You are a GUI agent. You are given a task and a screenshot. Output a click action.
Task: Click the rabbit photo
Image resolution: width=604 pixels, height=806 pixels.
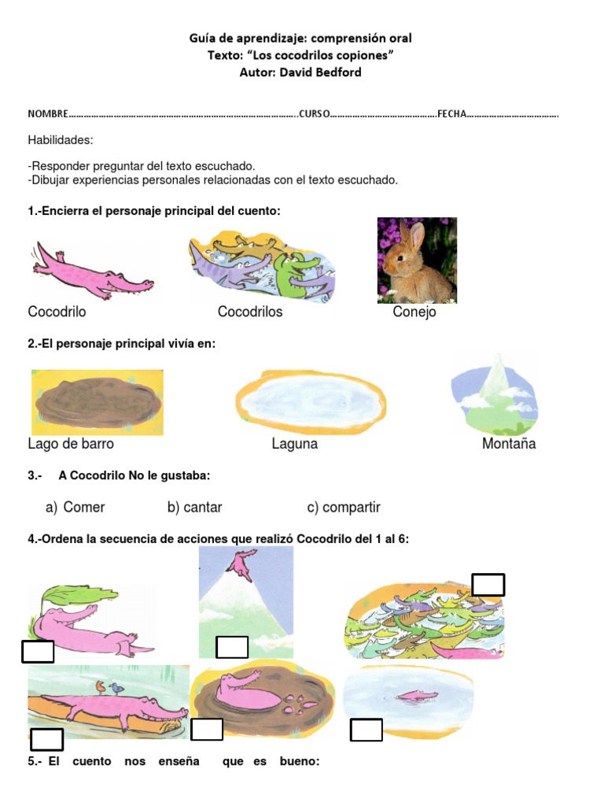[417, 261]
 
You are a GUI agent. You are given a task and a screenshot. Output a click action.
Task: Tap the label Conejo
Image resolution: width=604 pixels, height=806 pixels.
[414, 312]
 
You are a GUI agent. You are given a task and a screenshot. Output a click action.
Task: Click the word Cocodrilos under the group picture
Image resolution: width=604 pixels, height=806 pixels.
[250, 312]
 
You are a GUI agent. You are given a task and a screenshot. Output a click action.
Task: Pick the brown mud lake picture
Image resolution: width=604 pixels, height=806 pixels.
[98, 402]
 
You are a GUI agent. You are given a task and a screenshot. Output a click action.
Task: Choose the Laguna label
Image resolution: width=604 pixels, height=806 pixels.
[295, 444]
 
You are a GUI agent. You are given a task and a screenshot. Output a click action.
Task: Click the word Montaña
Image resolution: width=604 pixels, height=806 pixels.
[509, 444]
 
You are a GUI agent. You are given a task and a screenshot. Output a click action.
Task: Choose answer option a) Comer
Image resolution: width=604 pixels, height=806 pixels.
[75, 508]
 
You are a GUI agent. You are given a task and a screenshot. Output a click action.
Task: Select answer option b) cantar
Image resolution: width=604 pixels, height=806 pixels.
[194, 508]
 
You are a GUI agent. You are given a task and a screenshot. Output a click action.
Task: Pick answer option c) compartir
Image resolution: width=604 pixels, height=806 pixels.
[344, 508]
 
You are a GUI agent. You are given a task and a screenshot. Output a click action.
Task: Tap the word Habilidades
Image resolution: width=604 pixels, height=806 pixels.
[61, 140]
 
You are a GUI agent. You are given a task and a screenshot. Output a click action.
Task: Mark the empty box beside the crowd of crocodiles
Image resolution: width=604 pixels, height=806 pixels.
[488, 585]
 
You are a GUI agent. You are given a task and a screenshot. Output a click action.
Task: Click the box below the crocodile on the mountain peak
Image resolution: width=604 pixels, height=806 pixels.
[232, 647]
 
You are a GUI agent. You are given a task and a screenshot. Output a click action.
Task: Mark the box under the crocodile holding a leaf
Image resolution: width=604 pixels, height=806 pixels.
[38, 652]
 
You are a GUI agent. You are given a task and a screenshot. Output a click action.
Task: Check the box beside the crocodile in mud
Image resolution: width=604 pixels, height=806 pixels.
[207, 730]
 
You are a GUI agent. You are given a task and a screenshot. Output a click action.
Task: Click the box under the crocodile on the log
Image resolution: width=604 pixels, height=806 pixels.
[46, 740]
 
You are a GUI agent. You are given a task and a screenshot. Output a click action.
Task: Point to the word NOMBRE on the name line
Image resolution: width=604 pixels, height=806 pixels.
[48, 114]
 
